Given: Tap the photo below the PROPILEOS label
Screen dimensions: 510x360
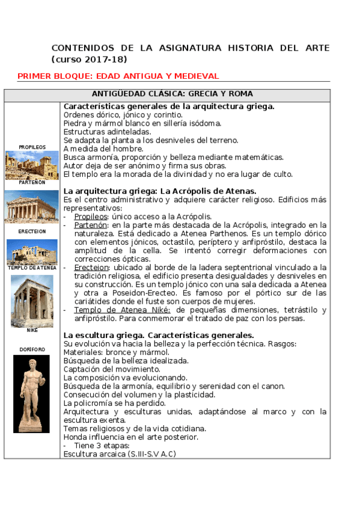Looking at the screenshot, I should [32, 165].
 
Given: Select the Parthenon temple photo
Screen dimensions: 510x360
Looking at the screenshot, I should [32, 207].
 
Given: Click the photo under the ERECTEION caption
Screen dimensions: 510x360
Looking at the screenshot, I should [32, 252].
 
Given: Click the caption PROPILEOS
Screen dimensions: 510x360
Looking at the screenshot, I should [32, 147].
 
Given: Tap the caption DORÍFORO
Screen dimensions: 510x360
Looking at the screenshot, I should [32, 349].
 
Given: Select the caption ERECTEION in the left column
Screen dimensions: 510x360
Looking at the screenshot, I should [32, 231].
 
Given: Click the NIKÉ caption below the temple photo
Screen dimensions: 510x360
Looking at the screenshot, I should [32, 330].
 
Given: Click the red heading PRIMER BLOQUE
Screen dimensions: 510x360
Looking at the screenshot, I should [118, 76].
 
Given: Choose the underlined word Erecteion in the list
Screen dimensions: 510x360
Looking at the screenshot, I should [92, 267].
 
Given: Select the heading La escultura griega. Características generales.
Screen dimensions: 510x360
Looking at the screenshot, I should [159, 335].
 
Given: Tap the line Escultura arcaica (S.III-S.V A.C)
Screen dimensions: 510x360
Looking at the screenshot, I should [120, 454].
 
